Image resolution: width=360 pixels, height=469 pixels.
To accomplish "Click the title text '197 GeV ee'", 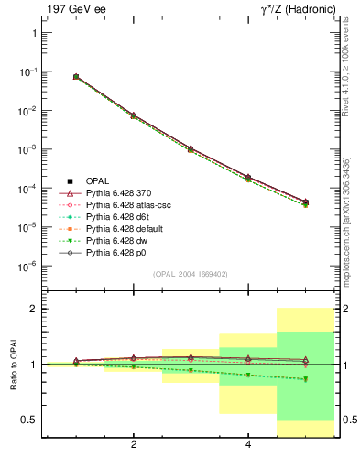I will pos(70,10).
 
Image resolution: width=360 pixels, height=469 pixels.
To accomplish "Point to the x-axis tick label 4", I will pos(248,446).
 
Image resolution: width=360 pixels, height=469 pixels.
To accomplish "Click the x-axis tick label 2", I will pos(134,446).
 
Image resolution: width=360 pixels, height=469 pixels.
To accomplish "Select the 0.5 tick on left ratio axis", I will pos(30,420).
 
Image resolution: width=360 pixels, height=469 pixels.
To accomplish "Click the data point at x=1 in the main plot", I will pos(76,77).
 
